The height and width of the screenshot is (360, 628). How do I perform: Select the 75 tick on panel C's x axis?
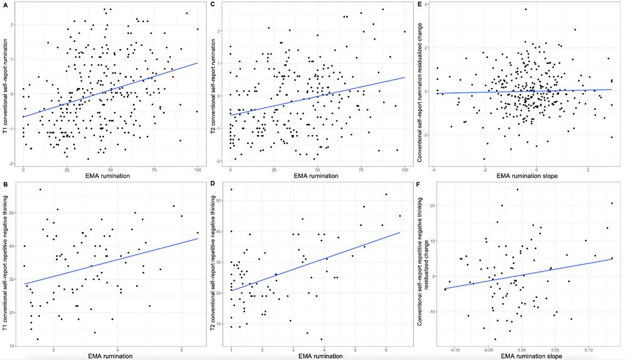pos(361,170)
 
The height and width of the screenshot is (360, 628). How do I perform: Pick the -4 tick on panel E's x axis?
pos(433,170)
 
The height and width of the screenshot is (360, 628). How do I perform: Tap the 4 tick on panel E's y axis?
pos(426,4)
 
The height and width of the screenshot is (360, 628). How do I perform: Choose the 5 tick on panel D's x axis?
pos(354,349)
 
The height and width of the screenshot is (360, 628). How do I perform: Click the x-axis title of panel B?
pos(111,356)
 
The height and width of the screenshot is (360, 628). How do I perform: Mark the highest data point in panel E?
pos(526,9)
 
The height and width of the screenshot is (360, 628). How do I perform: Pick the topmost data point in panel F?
pos(517,189)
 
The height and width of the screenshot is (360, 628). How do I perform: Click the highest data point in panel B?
pos(40,189)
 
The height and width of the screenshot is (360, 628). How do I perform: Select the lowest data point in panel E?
pos(484,158)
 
